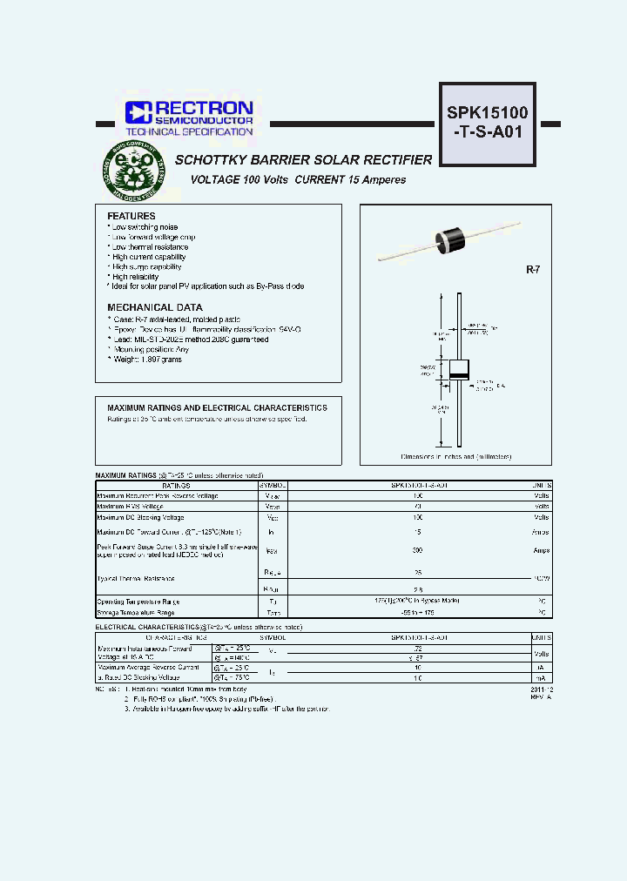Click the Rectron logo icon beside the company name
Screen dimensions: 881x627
(138, 111)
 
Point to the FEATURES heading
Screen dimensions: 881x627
(131, 216)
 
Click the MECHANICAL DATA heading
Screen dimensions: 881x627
(154, 307)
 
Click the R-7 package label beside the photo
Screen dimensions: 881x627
(533, 271)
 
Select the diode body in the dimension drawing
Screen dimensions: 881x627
(458, 369)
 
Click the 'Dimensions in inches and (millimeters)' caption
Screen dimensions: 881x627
(455, 456)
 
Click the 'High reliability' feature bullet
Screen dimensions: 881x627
(136, 277)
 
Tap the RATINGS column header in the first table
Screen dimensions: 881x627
(178, 485)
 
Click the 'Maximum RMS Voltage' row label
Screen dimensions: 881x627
(130, 506)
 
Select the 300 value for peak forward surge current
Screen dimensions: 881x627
(394, 550)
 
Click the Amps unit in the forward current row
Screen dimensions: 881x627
(541, 531)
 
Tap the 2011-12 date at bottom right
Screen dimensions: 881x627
(540, 689)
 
